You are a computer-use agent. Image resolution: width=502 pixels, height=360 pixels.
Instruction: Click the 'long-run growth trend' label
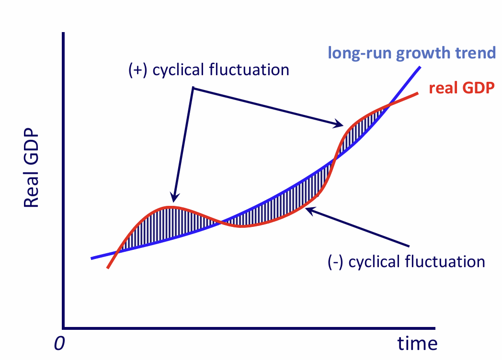(411, 52)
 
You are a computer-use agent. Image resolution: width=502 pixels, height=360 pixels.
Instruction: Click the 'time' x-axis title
(417, 343)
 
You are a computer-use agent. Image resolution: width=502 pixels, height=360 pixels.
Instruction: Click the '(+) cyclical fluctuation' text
(209, 70)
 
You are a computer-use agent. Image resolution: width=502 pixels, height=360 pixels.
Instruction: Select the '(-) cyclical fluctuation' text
(406, 262)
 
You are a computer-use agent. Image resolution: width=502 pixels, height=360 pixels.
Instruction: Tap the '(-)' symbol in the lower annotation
(335, 262)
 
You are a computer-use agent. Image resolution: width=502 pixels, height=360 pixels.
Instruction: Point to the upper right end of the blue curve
(420, 67)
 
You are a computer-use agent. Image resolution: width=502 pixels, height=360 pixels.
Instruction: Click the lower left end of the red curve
(108, 268)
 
